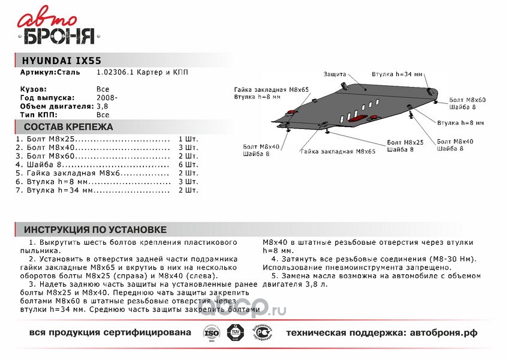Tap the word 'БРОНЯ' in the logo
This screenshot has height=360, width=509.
click(x=59, y=37)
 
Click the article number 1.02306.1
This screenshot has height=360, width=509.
click(x=114, y=73)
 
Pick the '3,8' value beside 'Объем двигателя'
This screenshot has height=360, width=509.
click(x=102, y=106)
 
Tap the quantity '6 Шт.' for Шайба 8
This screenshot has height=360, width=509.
click(x=188, y=164)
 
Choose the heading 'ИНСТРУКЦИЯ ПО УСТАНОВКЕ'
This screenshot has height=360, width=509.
click(x=95, y=230)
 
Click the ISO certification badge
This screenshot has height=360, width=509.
click(x=209, y=332)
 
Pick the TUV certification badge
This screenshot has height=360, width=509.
click(x=234, y=332)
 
